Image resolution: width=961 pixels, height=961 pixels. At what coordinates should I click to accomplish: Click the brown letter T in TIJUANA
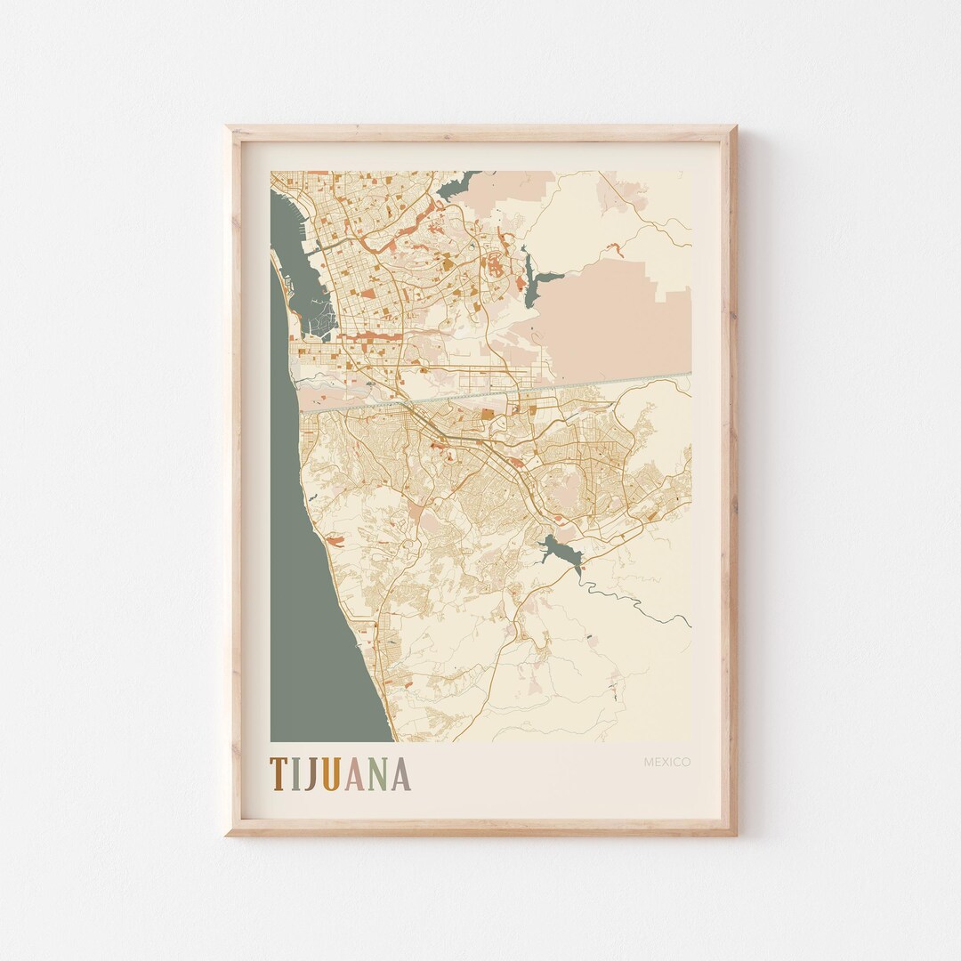279,774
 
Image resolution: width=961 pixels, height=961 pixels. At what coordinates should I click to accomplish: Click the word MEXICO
666,762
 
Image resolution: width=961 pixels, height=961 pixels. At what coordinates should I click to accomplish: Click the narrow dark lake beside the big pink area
533,280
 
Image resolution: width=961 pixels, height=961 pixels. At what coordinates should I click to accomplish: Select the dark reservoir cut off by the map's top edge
456,185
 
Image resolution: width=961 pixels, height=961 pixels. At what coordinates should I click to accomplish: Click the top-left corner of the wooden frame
229,129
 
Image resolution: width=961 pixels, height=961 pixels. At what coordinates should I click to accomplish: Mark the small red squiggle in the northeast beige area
612,247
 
